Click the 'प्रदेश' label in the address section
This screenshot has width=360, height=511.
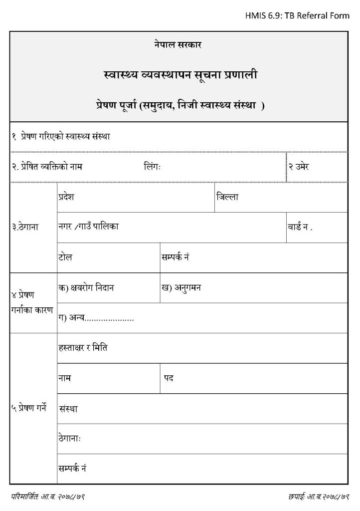66,197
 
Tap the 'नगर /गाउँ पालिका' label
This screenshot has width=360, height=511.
88,226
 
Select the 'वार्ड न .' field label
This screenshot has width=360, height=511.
300,227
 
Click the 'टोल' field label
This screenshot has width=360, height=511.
65,257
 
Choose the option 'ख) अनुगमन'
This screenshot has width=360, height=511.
181,287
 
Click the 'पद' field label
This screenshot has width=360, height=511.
169,378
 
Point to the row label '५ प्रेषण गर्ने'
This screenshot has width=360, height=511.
28,408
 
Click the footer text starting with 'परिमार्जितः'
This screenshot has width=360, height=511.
51,497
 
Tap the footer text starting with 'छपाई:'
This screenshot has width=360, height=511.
317,497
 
